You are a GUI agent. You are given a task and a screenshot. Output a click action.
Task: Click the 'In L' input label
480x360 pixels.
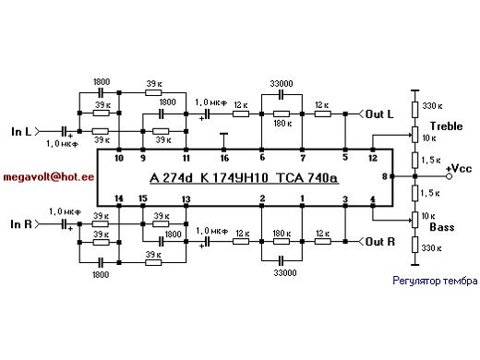(x=24, y=133)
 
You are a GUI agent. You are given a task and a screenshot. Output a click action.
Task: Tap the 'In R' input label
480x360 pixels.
(x=24, y=224)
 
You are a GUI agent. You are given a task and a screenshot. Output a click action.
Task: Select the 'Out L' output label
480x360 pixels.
(x=378, y=114)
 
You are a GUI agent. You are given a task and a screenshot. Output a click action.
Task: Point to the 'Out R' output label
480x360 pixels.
(x=378, y=242)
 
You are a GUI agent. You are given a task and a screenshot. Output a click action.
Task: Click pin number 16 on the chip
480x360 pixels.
(x=223, y=158)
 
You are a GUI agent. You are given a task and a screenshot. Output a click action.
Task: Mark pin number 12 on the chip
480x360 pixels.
(x=374, y=158)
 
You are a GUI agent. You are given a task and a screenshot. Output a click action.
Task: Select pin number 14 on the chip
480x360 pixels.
(x=118, y=198)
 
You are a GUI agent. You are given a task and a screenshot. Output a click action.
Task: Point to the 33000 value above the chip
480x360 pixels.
(x=282, y=81)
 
